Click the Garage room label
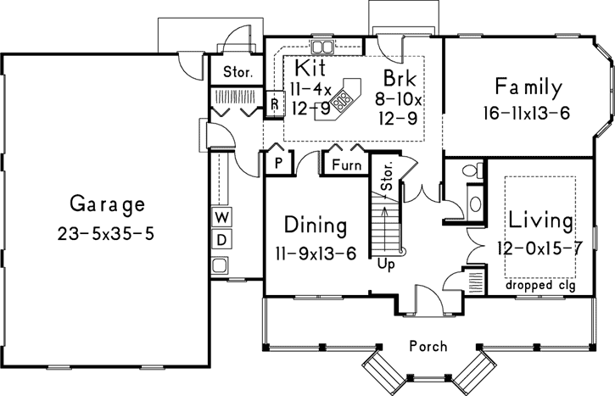pos(107,204)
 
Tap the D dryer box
pos(220,239)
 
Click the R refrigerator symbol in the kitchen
pos(275,104)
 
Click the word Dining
pos(316,226)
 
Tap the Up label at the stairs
pos(387,264)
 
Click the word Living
pos(540,222)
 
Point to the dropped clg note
pos(540,284)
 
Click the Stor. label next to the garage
pos(237,72)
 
